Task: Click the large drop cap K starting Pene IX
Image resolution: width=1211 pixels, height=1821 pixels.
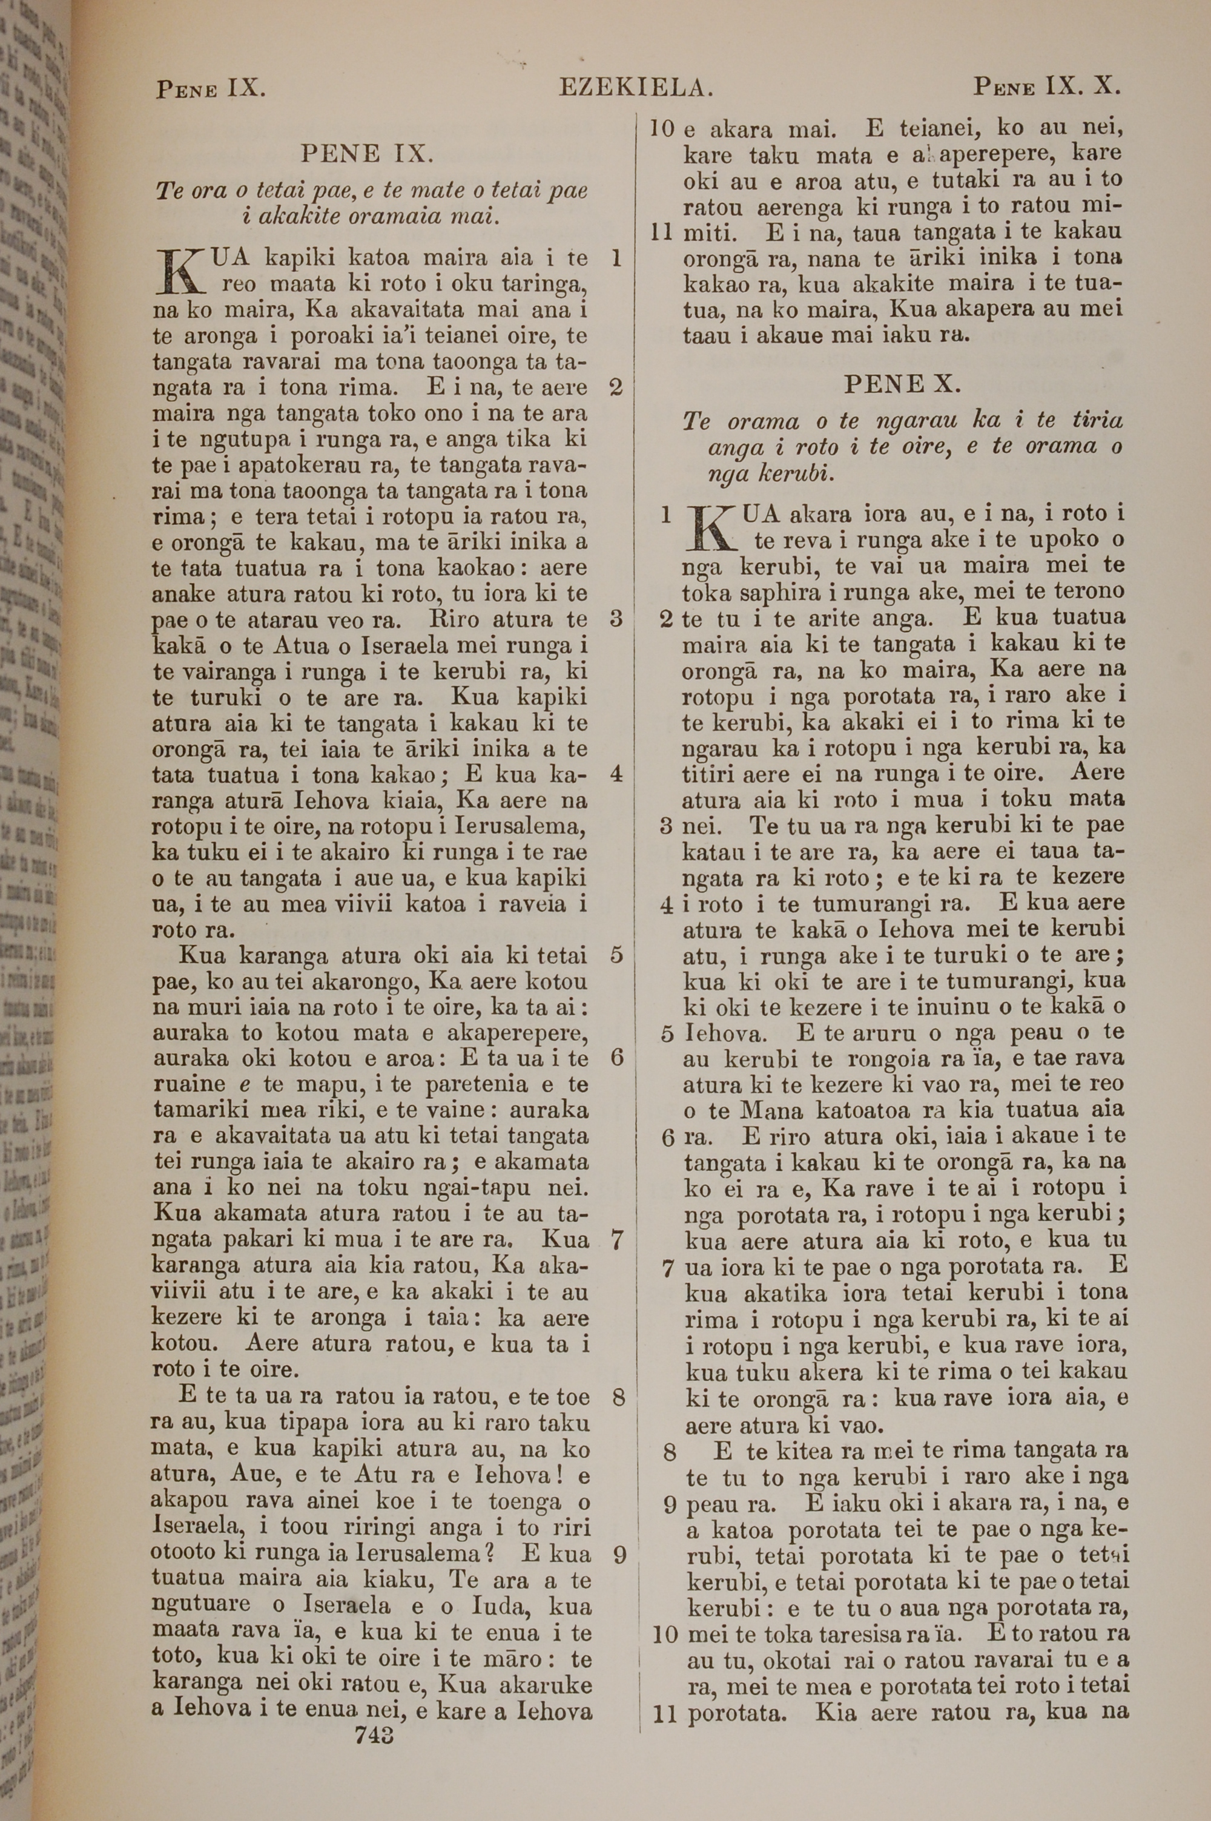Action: tap(177, 272)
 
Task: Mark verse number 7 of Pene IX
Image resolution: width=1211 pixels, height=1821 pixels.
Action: tap(616, 1240)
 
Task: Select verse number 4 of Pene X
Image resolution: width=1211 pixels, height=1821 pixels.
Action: tap(667, 904)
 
